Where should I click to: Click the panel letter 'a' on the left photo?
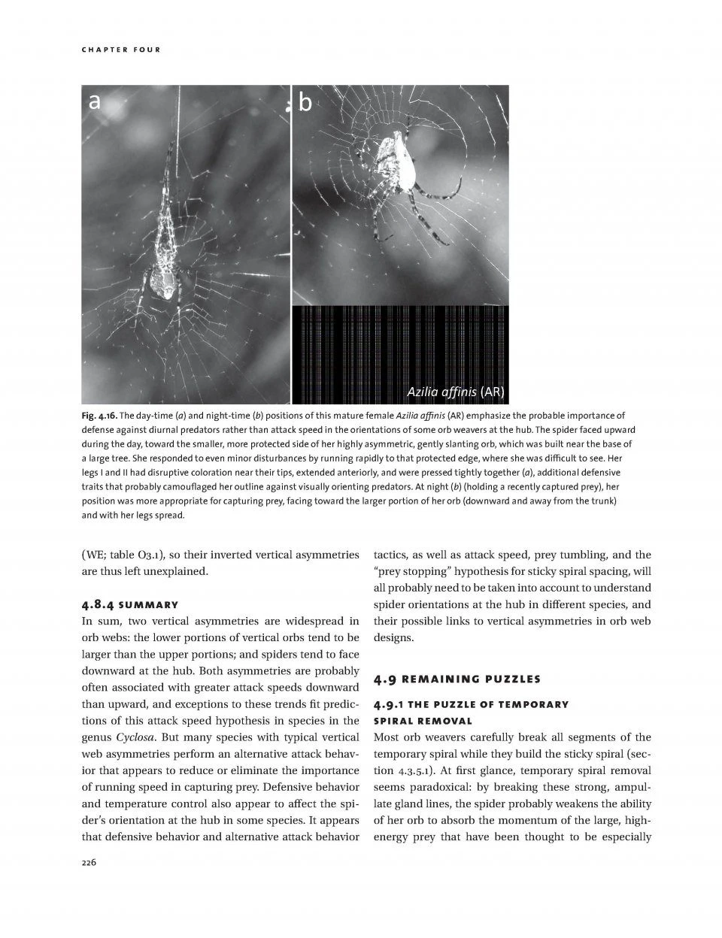pos(94,101)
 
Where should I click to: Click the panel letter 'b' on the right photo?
pos(305,102)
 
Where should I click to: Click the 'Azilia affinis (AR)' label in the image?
pos(455,392)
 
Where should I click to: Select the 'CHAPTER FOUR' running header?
pos(120,50)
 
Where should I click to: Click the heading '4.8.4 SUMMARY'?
pos(129,605)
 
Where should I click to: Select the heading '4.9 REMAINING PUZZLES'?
pos(457,679)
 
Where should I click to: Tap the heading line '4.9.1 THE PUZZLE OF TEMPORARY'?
pos(471,704)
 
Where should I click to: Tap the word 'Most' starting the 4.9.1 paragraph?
pos(386,737)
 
